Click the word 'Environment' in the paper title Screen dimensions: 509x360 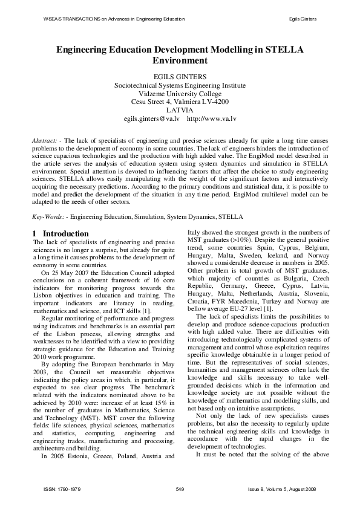point(180,61)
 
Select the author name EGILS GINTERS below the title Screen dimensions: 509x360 point(180,76)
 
